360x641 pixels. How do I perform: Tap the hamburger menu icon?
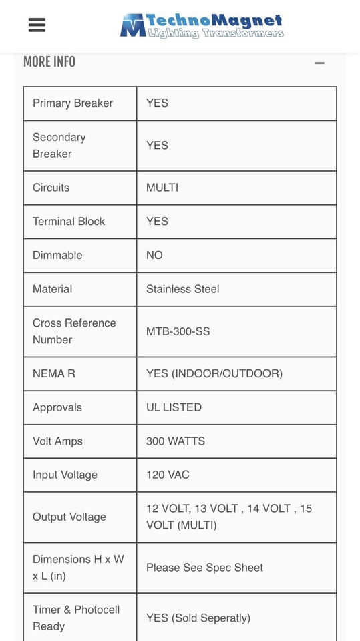tap(37, 25)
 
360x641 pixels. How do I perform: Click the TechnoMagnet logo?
tap(202, 26)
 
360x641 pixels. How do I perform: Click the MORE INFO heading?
tap(49, 62)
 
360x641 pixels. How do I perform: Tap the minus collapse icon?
tap(319, 63)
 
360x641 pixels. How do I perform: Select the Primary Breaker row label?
tap(73, 103)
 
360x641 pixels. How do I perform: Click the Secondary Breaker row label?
tap(59, 146)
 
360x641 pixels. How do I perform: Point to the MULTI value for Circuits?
tap(162, 188)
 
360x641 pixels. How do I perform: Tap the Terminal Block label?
tap(69, 222)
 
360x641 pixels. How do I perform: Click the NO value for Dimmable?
tap(154, 256)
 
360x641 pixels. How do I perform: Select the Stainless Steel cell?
tap(182, 289)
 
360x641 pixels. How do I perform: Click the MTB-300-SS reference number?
tap(178, 331)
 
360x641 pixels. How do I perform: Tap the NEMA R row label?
tap(54, 374)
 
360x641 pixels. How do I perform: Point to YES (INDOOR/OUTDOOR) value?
tap(214, 374)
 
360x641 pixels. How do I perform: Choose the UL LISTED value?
tap(174, 407)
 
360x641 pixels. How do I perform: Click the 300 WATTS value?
tap(176, 441)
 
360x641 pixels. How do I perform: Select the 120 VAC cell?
tap(168, 475)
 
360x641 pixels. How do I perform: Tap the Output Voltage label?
tap(69, 517)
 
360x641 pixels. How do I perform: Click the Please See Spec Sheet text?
tap(204, 568)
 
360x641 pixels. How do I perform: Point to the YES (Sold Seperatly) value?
tap(198, 618)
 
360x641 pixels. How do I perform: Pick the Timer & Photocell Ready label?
tap(76, 618)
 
